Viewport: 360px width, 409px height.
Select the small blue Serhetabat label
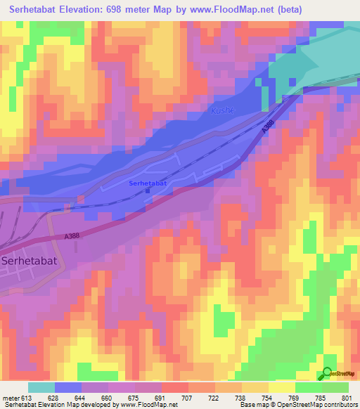click(148, 183)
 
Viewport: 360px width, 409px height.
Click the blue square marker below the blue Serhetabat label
click(148, 190)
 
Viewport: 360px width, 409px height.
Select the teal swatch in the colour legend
click(41, 387)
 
